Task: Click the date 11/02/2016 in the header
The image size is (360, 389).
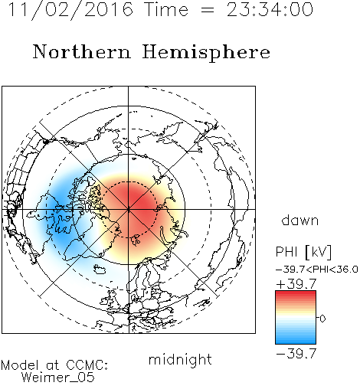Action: [x=70, y=10]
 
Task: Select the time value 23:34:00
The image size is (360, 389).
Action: [x=270, y=10]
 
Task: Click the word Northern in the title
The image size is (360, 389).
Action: [x=82, y=52]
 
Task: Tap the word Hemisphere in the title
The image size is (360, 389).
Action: [x=206, y=52]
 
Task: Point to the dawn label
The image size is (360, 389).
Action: [x=300, y=221]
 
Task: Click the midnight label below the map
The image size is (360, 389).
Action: [x=180, y=360]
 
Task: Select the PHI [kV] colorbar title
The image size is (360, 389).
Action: [x=303, y=252]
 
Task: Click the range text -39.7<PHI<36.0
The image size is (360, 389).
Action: [x=317, y=270]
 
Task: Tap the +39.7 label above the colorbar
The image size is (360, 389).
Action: [x=296, y=284]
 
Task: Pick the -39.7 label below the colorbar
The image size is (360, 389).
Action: [x=296, y=354]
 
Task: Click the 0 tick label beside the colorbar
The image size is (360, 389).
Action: [x=322, y=319]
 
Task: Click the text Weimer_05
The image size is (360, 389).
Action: [x=58, y=378]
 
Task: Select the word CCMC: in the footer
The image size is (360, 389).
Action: [x=87, y=365]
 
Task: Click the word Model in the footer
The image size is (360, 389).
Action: [x=20, y=365]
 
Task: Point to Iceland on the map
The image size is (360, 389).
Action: [x=101, y=269]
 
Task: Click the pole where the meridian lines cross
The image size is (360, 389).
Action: [x=129, y=209]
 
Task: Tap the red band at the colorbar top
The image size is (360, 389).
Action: [x=296, y=293]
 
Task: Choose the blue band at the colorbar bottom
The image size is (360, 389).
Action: [x=296, y=342]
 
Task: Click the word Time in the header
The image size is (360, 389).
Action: [x=166, y=10]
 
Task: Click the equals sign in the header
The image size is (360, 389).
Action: [x=207, y=10]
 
